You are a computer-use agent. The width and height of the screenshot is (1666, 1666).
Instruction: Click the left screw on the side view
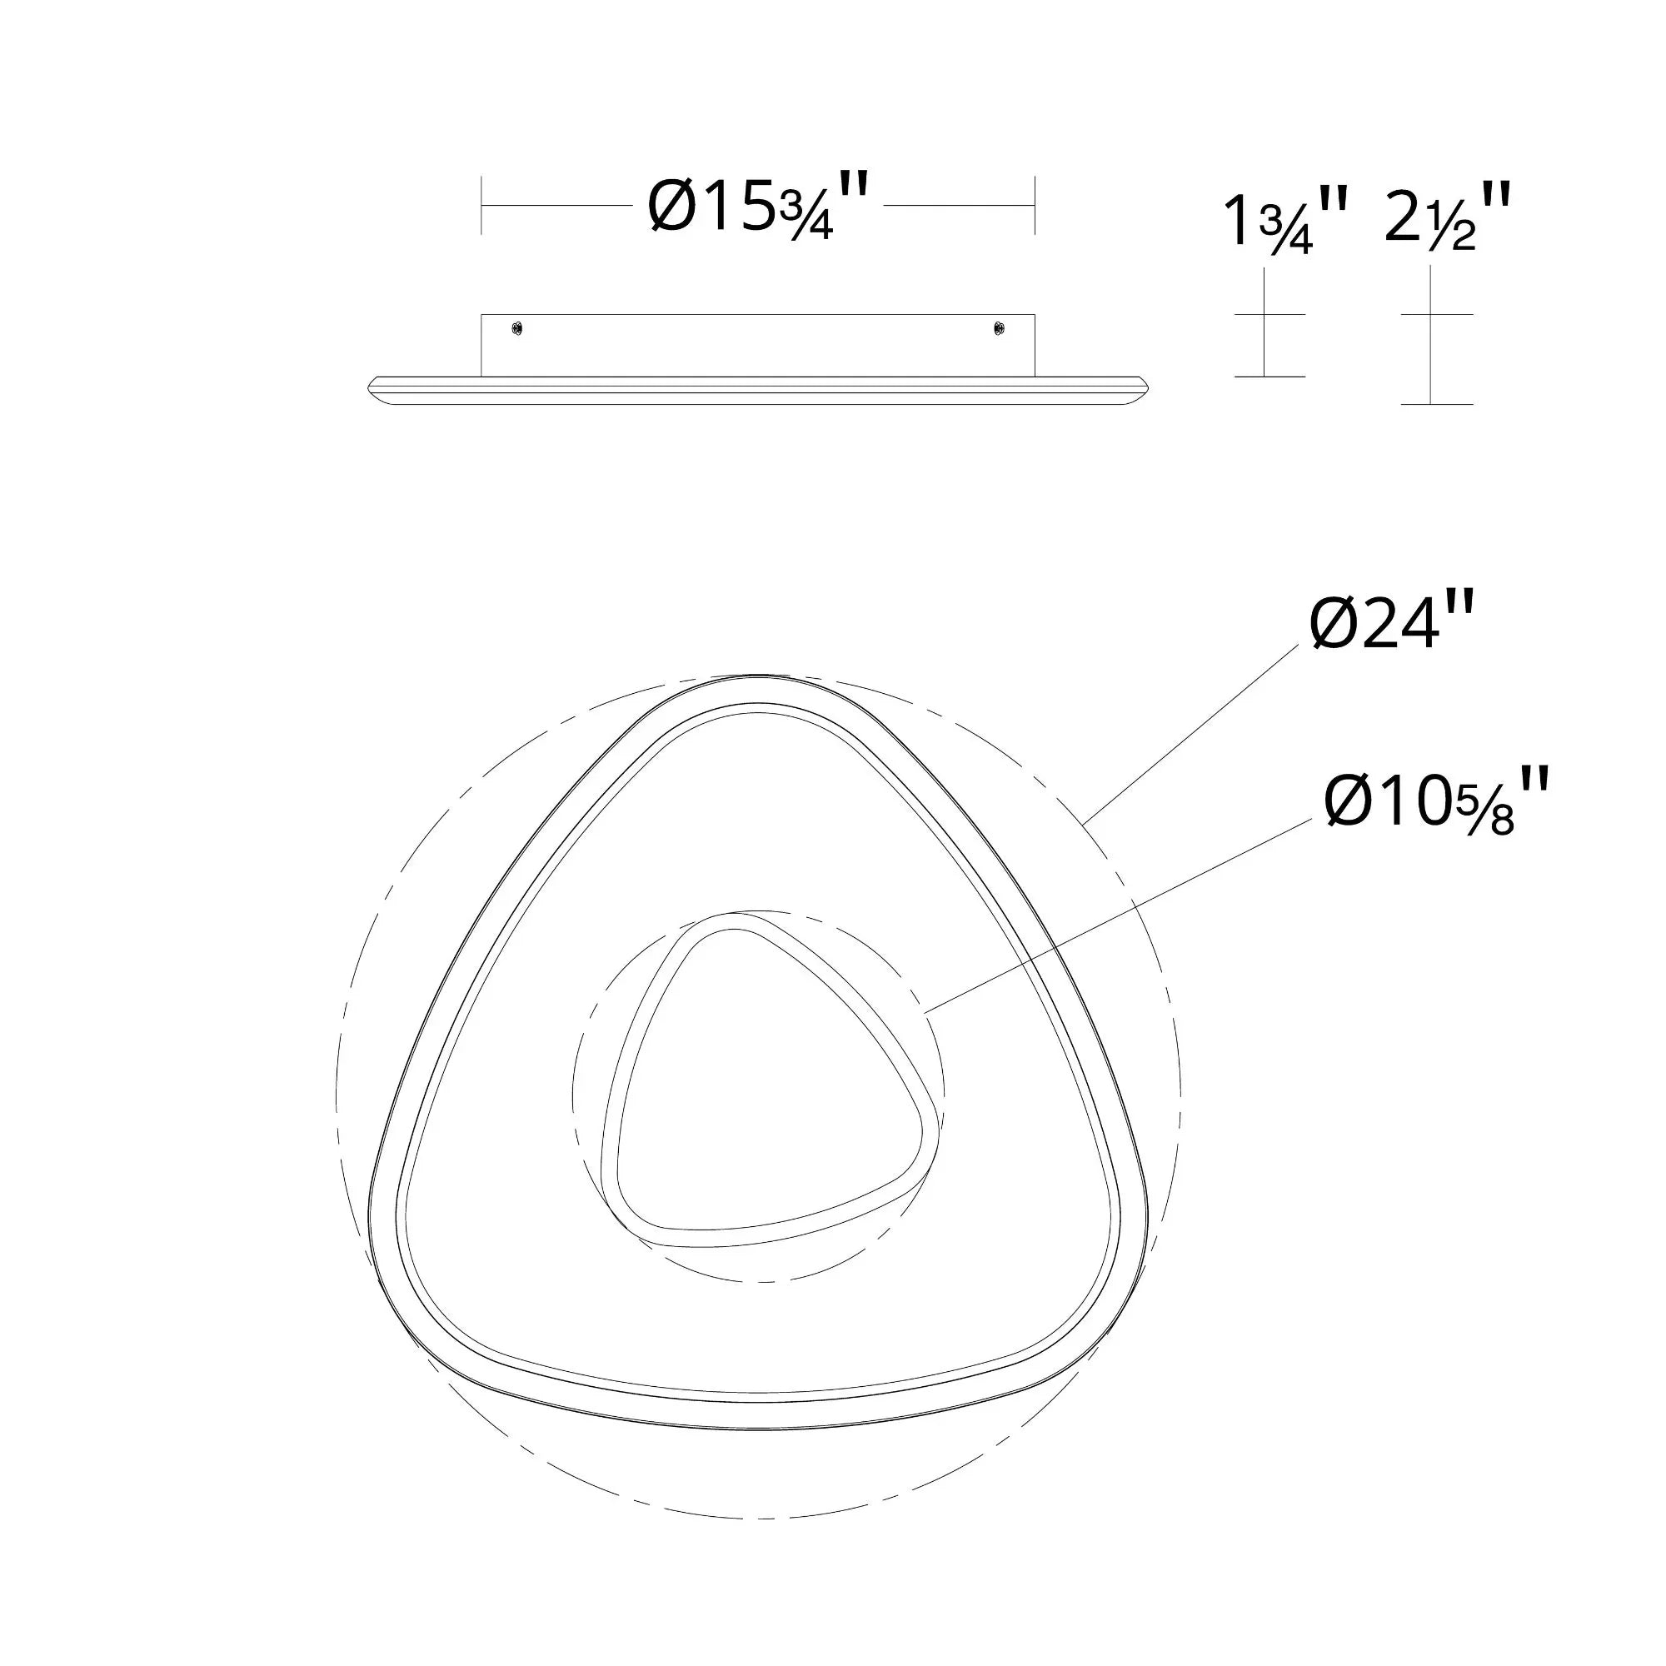tap(516, 328)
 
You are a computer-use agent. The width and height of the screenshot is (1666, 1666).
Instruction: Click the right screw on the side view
tap(999, 328)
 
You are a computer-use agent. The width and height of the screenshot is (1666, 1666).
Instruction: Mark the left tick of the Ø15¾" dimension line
tap(481, 205)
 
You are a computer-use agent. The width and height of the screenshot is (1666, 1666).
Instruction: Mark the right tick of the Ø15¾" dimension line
tap(1034, 205)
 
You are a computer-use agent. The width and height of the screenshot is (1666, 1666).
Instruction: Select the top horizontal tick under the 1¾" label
tap(1269, 315)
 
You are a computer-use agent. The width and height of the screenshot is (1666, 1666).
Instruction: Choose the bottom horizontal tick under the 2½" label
tap(1437, 403)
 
